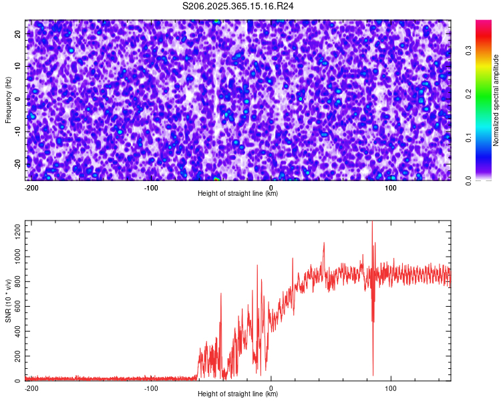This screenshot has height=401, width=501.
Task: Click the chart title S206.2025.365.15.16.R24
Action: coord(238,6)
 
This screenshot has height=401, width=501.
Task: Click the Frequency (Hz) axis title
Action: coord(8,100)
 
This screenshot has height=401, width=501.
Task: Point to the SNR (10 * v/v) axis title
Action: coord(8,301)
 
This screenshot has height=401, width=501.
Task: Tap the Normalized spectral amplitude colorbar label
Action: coord(496,100)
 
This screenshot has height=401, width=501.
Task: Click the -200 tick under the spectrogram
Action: coord(31,187)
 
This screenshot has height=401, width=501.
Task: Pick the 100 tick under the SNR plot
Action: coord(391,388)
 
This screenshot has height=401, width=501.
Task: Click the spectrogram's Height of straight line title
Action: coord(238,194)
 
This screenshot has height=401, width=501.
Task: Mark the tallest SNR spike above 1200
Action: coord(372,223)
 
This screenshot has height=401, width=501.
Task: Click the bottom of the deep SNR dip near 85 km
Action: coord(373,375)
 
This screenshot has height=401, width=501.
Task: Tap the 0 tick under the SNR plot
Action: coord(271,388)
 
